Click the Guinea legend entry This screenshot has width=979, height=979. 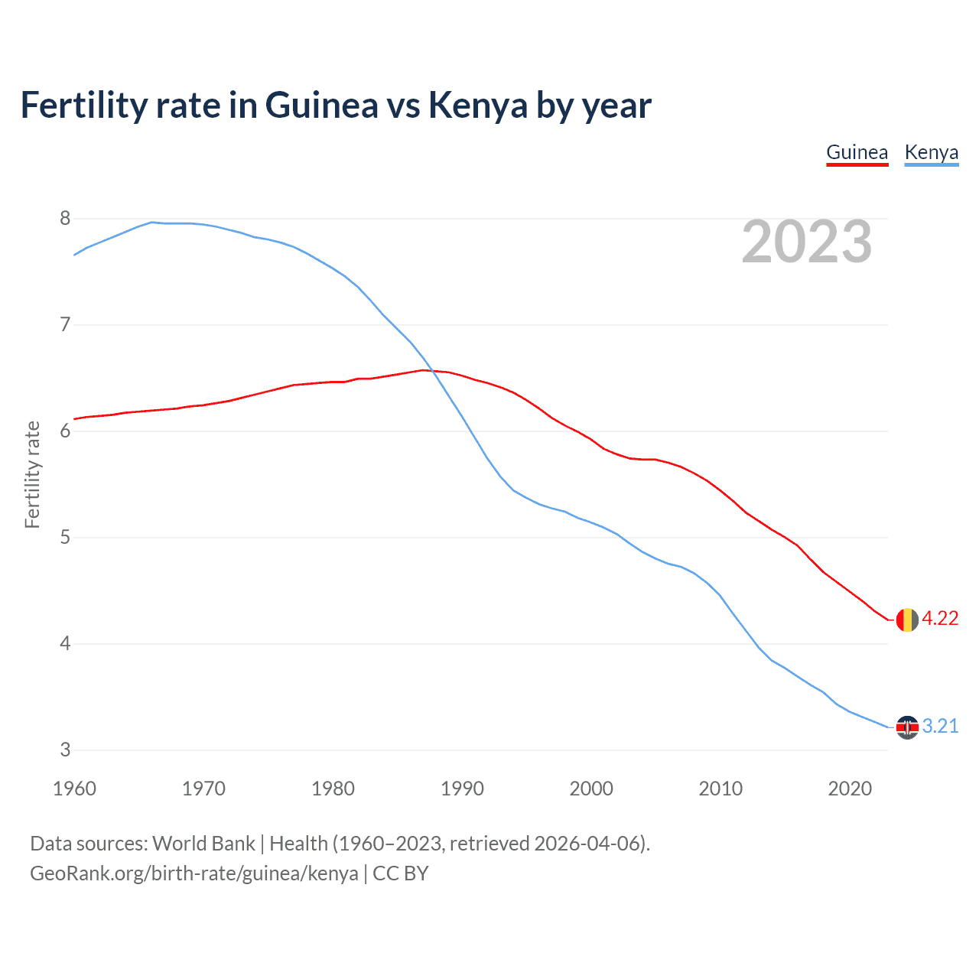tap(857, 153)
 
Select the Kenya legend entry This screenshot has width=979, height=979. tap(931, 153)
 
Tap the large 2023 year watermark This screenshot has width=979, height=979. tap(807, 242)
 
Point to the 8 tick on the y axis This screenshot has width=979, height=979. tap(65, 219)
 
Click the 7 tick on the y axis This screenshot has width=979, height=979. tap(65, 325)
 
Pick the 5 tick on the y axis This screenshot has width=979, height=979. tap(65, 538)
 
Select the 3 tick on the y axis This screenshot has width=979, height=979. tap(65, 750)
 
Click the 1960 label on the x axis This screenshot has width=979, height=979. tap(74, 789)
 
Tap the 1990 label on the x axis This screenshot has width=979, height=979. tap(462, 789)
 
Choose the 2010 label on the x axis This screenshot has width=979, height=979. tap(720, 789)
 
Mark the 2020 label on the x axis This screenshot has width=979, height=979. tap(850, 789)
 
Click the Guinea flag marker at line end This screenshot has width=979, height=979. tap(907, 620)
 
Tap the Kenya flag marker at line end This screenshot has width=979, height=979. tap(907, 727)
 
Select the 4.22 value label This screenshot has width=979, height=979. tap(940, 619)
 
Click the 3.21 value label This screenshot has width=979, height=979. tap(940, 727)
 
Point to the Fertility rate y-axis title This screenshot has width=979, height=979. tap(32, 474)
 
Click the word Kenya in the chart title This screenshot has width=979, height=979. tap(478, 106)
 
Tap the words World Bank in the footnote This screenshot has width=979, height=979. tap(203, 844)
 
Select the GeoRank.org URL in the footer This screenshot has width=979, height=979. tap(194, 873)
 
